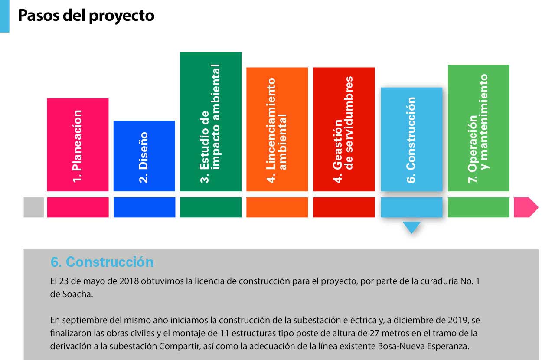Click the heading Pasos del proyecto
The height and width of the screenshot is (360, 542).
click(x=86, y=16)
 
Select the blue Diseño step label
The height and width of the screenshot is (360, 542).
click(x=143, y=157)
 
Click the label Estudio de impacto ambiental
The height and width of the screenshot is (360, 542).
click(x=210, y=124)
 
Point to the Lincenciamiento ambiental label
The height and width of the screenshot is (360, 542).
click(x=276, y=130)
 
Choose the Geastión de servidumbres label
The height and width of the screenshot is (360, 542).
click(x=343, y=130)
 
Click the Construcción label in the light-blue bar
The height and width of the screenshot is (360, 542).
click(x=411, y=140)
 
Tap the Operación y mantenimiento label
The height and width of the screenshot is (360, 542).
click(x=478, y=128)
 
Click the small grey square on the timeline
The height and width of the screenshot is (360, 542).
click(x=34, y=207)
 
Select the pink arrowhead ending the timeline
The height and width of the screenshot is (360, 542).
click(x=526, y=207)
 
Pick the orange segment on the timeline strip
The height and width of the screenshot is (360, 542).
click(x=277, y=207)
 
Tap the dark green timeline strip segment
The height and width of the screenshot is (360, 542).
click(x=211, y=207)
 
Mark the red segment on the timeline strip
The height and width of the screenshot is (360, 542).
click(x=344, y=207)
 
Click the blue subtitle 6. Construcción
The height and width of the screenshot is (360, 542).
click(x=102, y=262)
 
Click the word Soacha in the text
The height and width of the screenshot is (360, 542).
click(x=78, y=294)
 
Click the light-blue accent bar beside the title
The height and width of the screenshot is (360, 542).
click(x=5, y=16)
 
